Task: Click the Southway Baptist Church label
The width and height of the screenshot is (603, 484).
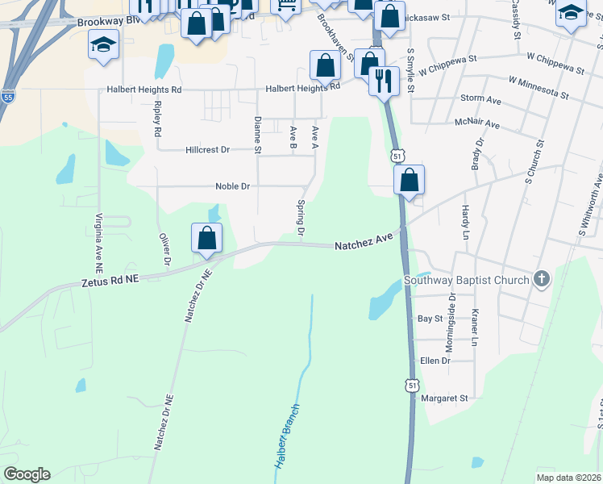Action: click(x=467, y=280)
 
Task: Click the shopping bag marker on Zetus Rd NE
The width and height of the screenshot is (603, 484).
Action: click(x=207, y=238)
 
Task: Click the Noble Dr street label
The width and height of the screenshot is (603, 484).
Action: click(x=233, y=186)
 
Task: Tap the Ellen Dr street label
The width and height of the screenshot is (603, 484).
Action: click(x=435, y=361)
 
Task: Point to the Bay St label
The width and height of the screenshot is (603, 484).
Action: click(x=430, y=319)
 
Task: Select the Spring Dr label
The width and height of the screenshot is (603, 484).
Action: click(x=301, y=219)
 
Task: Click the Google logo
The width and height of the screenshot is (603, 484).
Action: click(x=27, y=474)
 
